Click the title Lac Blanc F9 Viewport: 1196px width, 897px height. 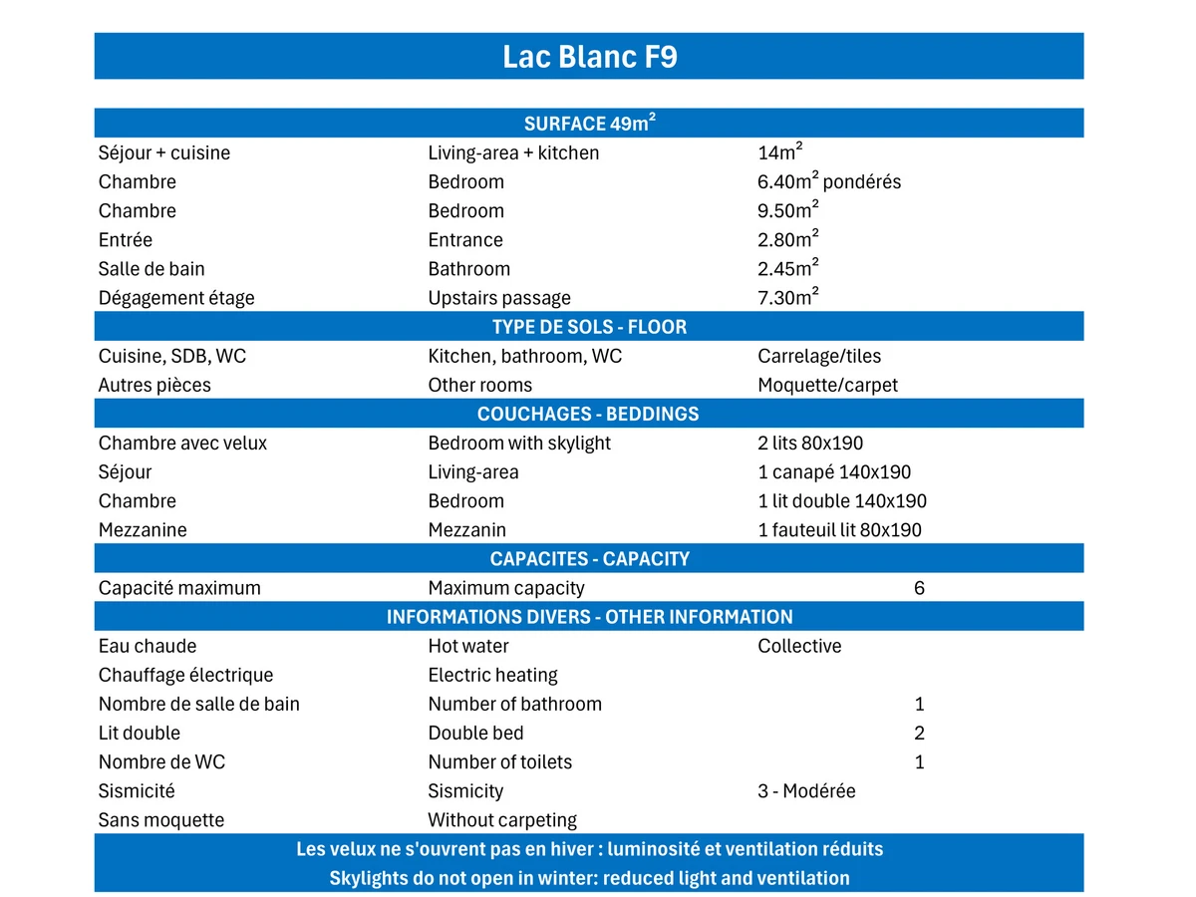pyautogui.click(x=589, y=57)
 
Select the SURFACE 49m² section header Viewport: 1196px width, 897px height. pyautogui.click(x=589, y=124)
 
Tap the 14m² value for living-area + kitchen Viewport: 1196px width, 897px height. pyautogui.click(x=780, y=152)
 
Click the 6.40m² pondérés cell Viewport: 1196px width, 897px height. pyautogui.click(x=828, y=181)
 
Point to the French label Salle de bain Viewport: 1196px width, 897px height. pyautogui.click(x=151, y=269)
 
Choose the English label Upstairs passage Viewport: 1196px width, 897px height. pyautogui.click(x=499, y=298)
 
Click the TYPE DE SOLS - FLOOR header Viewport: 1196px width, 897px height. pyautogui.click(x=589, y=327)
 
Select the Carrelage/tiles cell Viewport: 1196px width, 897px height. pyautogui.click(x=819, y=356)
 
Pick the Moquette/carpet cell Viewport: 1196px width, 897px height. pyautogui.click(x=827, y=385)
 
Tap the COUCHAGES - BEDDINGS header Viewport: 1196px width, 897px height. pyautogui.click(x=589, y=414)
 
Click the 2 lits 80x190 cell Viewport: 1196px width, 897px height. pyautogui.click(x=810, y=443)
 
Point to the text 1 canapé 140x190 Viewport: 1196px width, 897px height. pyautogui.click(x=834, y=472)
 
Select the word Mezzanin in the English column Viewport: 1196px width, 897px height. pyautogui.click(x=466, y=530)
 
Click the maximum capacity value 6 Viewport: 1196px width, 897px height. pyautogui.click(x=919, y=588)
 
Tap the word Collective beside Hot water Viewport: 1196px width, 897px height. pyautogui.click(x=799, y=646)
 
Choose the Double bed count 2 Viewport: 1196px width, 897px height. pyautogui.click(x=919, y=734)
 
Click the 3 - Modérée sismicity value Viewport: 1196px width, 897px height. pyautogui.click(x=806, y=791)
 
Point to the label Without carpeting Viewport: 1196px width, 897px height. pyautogui.click(x=502, y=820)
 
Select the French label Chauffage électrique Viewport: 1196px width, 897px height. pyautogui.click(x=185, y=675)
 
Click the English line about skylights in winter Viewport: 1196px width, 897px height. pyautogui.click(x=589, y=878)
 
